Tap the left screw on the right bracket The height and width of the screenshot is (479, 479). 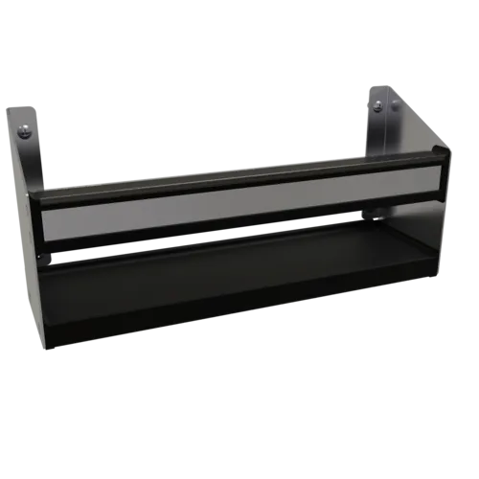coord(377,105)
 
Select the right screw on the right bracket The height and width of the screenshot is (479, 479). coord(395,107)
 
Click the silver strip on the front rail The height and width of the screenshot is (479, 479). coord(239,206)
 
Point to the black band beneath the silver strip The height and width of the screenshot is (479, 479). coord(239,230)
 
